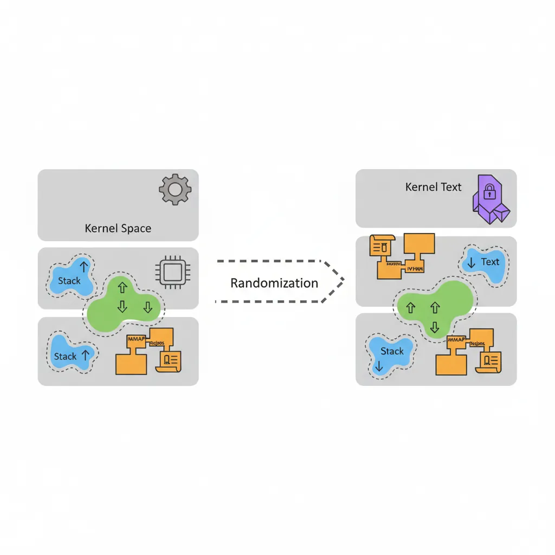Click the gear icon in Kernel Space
click(175, 189)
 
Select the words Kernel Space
click(118, 228)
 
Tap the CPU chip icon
click(169, 270)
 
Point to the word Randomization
click(274, 283)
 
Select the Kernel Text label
click(433, 188)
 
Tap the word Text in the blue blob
click(490, 262)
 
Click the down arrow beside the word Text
click(471, 263)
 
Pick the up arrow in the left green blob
click(122, 288)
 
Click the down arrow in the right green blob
click(434, 327)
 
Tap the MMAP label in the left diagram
click(136, 339)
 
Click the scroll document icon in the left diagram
click(170, 360)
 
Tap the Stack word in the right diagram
click(392, 351)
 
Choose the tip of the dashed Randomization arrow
click(344, 281)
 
